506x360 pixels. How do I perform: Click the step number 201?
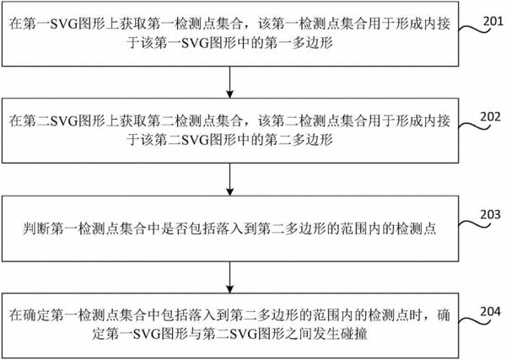[x=493, y=21]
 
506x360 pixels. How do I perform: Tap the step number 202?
[x=491, y=117]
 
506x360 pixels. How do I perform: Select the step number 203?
[x=491, y=214]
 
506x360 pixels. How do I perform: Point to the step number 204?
[x=491, y=312]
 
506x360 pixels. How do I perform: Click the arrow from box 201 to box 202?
[x=229, y=83]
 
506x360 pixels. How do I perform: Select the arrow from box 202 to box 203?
[x=229, y=180]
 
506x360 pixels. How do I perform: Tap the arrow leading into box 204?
[x=229, y=277]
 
